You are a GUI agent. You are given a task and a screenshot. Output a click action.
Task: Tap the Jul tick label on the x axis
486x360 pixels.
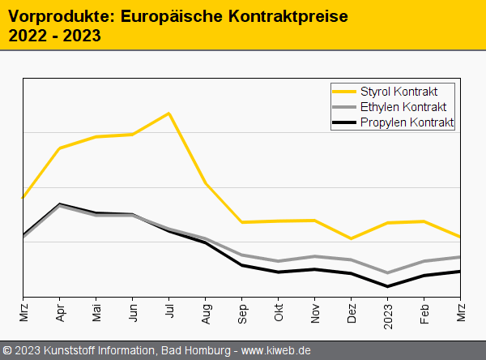(x=168, y=312)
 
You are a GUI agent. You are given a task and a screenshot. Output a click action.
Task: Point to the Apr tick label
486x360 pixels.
(x=59, y=313)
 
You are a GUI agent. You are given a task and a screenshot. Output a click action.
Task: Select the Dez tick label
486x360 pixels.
(x=351, y=313)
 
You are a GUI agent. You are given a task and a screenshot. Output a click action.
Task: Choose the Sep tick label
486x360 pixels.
(x=241, y=313)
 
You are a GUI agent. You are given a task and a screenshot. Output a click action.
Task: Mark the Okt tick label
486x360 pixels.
(x=278, y=312)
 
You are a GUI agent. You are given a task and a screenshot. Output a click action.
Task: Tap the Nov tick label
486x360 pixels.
(x=314, y=313)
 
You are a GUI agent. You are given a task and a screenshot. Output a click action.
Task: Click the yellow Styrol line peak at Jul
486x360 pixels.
(x=168, y=113)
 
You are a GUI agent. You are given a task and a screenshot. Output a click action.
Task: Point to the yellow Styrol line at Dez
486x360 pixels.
(x=351, y=238)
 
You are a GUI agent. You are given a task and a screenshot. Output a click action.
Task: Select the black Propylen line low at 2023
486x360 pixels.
(x=387, y=286)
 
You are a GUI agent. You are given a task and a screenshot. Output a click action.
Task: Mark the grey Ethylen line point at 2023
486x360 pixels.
(x=387, y=272)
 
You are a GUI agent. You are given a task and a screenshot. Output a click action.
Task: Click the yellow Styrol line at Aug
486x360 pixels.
(x=205, y=183)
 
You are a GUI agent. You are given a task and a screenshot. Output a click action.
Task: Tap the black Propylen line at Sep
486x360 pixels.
(x=241, y=265)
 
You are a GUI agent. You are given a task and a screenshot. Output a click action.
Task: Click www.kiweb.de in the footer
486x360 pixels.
(x=276, y=350)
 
